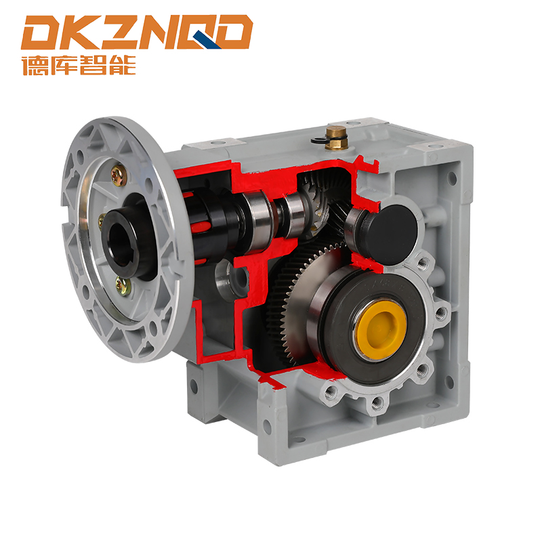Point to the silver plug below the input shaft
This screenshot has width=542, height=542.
tap(230, 274)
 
